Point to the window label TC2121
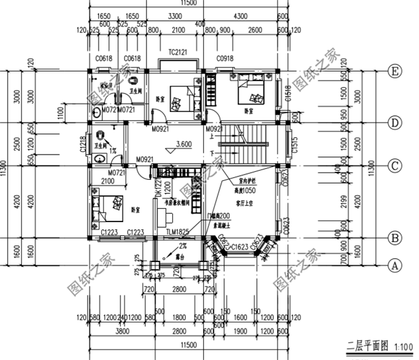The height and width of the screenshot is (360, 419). click(177, 52)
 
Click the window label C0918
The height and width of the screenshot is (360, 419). click(226, 59)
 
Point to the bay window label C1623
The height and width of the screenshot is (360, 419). click(240, 246)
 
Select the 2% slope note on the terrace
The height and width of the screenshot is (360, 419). click(183, 246)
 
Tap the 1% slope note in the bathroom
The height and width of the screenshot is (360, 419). click(113, 150)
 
